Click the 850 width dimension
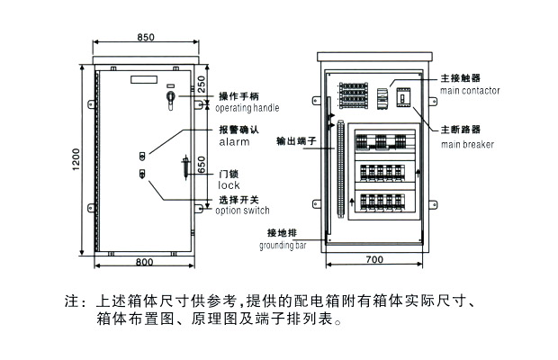click(147, 37)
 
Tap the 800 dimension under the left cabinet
click(143, 262)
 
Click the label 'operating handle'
click(247, 108)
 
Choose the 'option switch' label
click(243, 211)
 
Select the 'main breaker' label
click(467, 143)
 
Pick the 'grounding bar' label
click(283, 244)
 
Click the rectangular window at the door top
click(144, 79)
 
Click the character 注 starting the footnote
click(71, 301)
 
